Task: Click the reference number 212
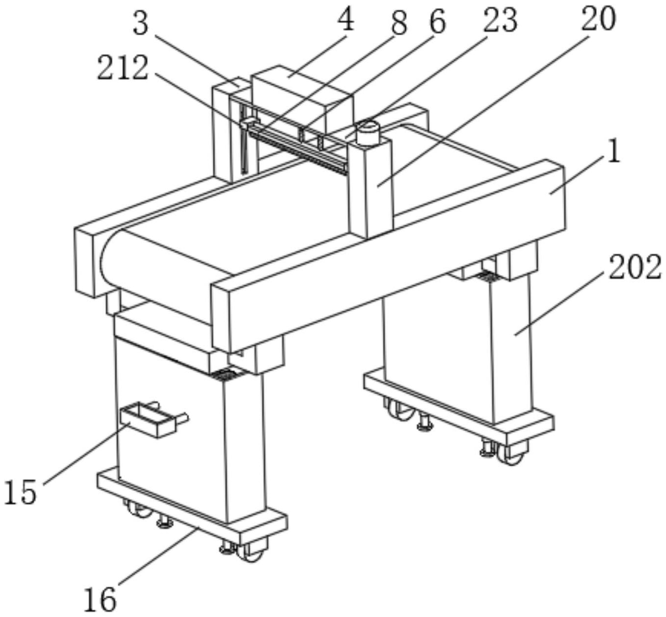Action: point(123,68)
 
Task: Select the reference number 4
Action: point(345,20)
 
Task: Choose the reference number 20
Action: point(599,19)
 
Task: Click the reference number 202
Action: point(635,267)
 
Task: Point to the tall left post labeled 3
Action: point(222,130)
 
